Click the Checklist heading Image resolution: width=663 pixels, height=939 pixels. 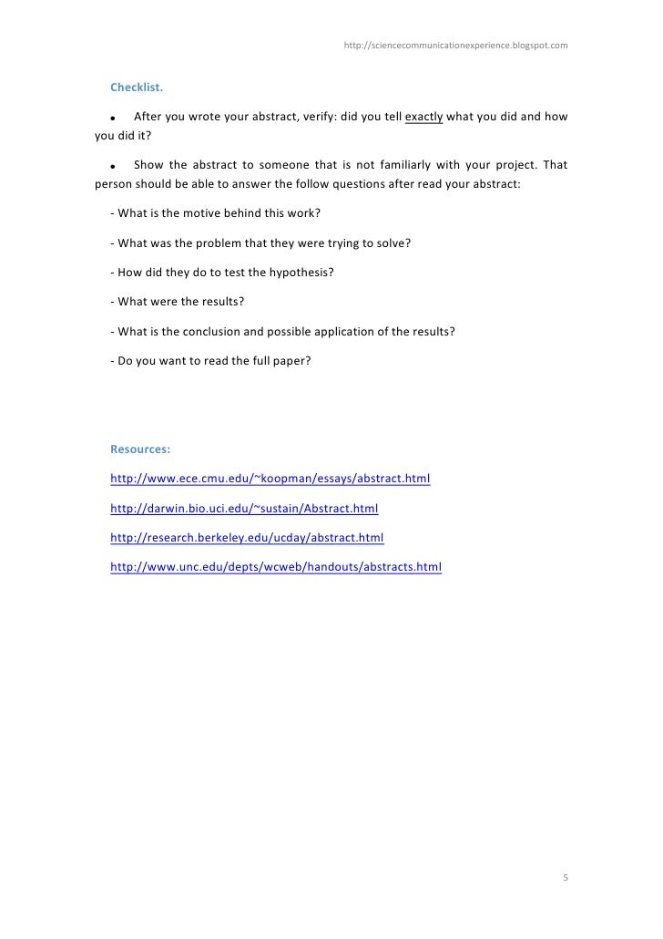pyautogui.click(x=137, y=88)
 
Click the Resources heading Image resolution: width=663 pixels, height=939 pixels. pyautogui.click(x=140, y=449)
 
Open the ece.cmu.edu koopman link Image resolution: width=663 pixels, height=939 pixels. pyautogui.click(x=270, y=478)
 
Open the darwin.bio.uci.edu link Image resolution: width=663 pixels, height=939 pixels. pyautogui.click(x=243, y=507)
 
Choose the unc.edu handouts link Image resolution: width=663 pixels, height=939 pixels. pyautogui.click(x=275, y=566)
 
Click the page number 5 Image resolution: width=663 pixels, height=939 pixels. pyautogui.click(x=565, y=878)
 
